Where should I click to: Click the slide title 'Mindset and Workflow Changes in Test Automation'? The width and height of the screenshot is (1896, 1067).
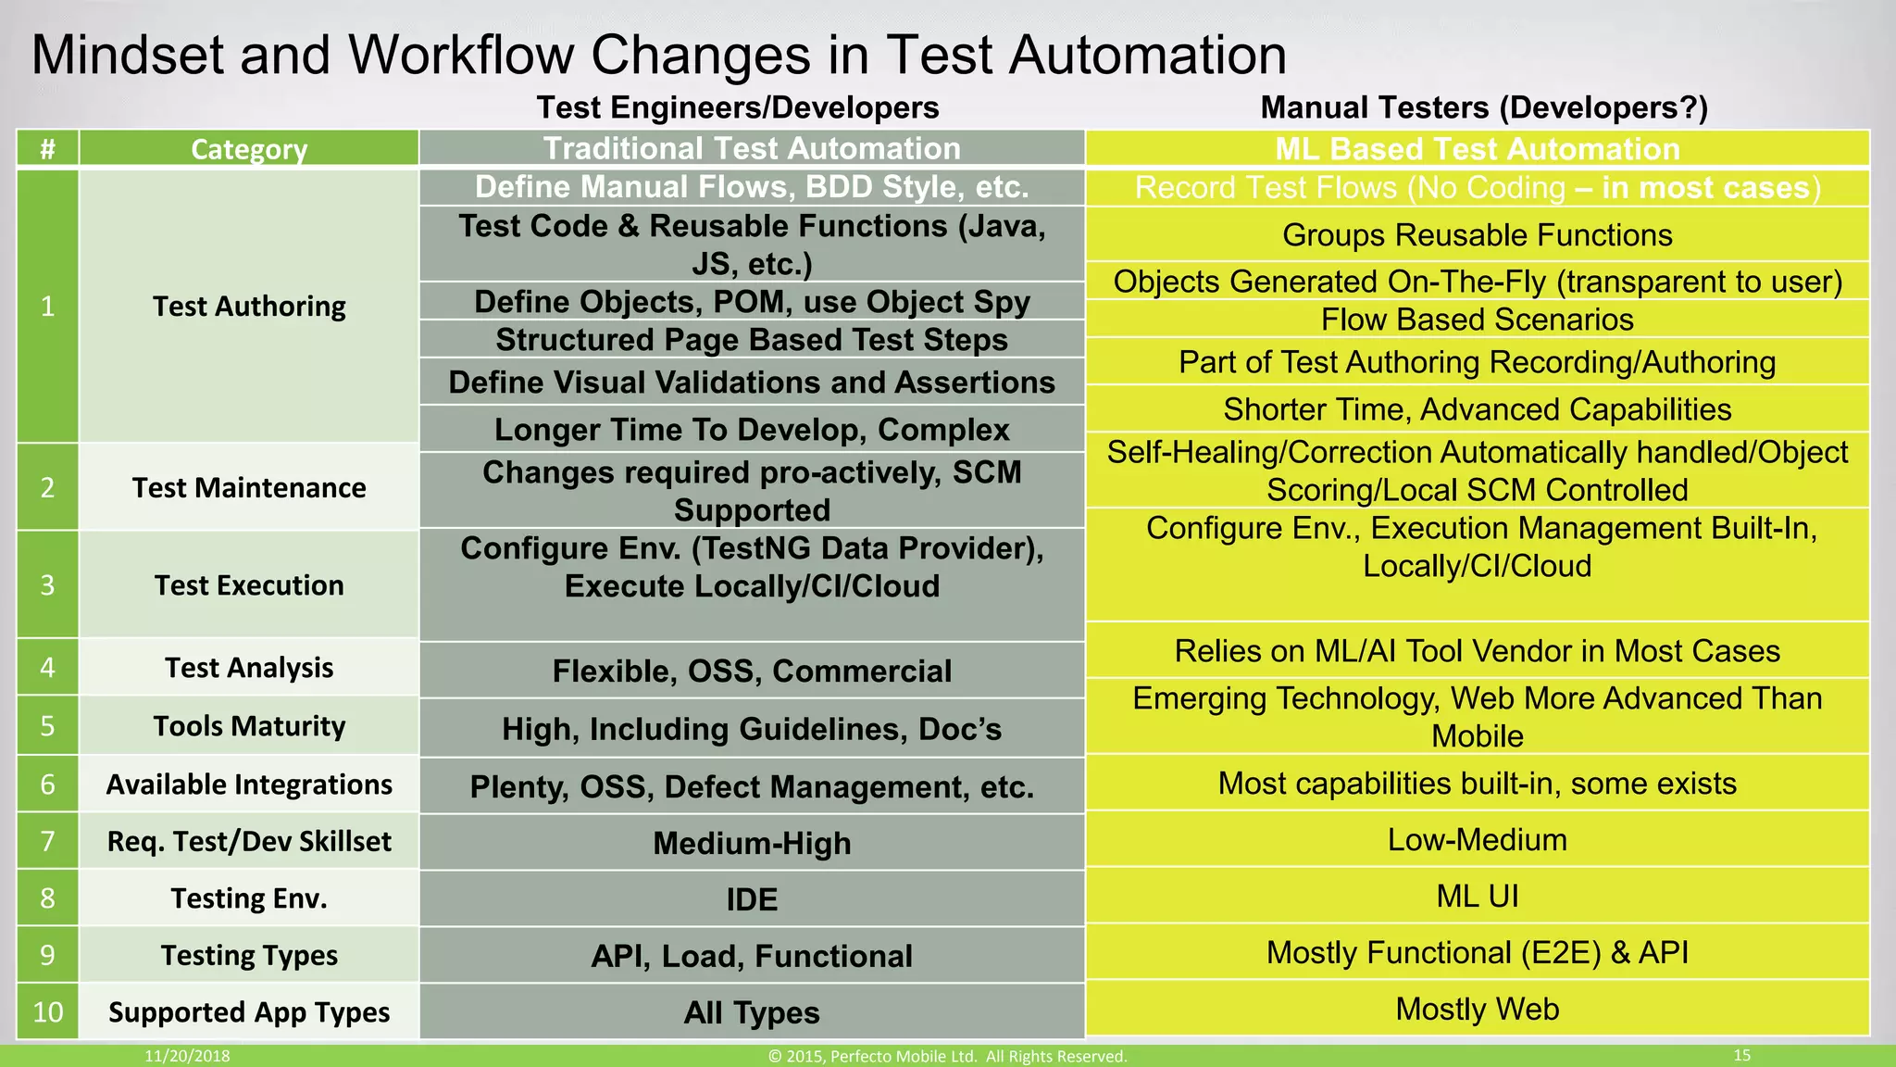[658, 55]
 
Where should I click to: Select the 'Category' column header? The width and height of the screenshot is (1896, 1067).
[248, 149]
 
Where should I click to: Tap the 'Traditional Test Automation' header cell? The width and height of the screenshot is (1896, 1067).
[752, 148]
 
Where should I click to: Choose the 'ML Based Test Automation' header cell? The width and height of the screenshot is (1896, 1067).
[1477, 149]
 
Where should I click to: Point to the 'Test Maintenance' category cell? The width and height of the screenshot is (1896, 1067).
[248, 487]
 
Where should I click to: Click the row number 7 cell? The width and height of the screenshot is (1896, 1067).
[47, 841]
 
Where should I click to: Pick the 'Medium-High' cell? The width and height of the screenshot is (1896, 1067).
[752, 843]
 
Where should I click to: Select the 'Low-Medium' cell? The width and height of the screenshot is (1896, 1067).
[1477, 839]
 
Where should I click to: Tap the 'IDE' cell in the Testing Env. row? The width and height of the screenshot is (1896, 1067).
[752, 899]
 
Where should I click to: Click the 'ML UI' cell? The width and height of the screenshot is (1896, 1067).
[1477, 896]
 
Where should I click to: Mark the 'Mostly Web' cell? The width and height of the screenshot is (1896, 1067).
[1477, 1009]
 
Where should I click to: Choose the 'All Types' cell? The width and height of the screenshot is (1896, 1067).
[752, 1012]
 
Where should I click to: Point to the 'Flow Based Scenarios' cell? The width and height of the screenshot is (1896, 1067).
[1477, 320]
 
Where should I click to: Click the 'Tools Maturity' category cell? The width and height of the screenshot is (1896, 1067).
[248, 726]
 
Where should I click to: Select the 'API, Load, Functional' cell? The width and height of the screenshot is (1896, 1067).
[752, 956]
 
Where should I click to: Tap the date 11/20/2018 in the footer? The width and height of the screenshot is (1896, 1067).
[187, 1056]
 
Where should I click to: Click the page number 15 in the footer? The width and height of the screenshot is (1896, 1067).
[1741, 1055]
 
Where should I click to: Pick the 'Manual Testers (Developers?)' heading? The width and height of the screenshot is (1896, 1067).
[1483, 107]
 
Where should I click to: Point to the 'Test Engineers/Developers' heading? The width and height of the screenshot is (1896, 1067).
[738, 107]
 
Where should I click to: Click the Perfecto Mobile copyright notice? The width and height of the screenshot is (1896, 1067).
[947, 1056]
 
